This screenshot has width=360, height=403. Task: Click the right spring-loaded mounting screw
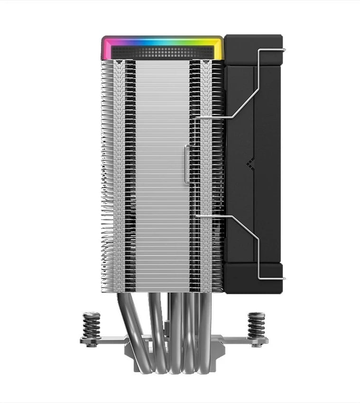click(x=256, y=323)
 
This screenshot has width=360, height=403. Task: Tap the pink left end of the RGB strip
click(x=107, y=47)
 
